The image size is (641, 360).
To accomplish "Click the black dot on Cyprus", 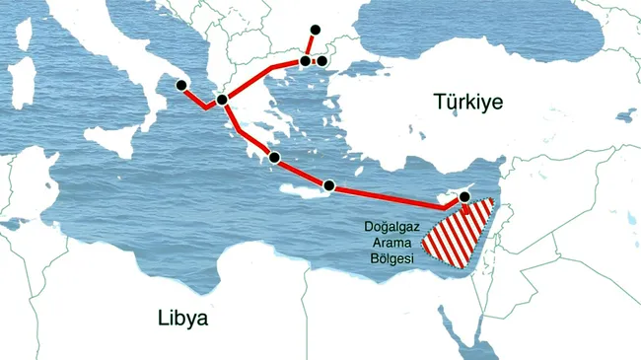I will point(464,197).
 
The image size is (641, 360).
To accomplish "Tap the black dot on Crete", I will point(329,185).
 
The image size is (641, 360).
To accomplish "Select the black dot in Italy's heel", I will point(180,85).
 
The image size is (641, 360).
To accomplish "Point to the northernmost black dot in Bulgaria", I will point(316,30).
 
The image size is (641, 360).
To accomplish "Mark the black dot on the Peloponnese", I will point(275,157).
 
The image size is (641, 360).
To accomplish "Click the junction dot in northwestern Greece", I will point(223,99).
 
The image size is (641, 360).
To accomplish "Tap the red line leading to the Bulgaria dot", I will point(310,45).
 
